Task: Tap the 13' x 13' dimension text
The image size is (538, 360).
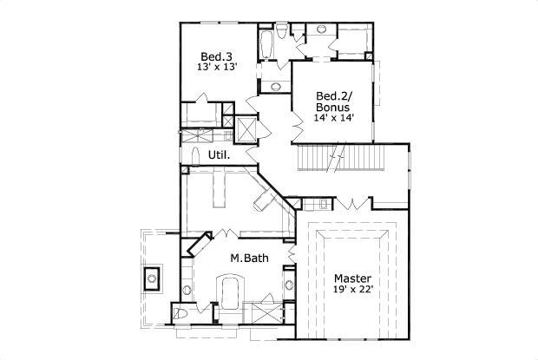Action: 217,67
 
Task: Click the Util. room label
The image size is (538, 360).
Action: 219,155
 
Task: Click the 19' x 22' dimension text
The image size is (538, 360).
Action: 351,291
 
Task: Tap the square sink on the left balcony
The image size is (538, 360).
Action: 152,278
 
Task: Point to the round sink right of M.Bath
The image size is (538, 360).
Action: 289,284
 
